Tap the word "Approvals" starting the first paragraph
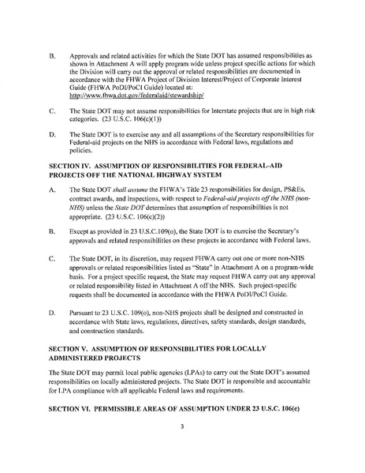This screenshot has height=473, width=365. (x=84, y=57)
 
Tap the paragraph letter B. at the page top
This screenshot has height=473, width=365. (x=52, y=57)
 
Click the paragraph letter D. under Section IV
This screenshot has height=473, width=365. (x=52, y=316)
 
